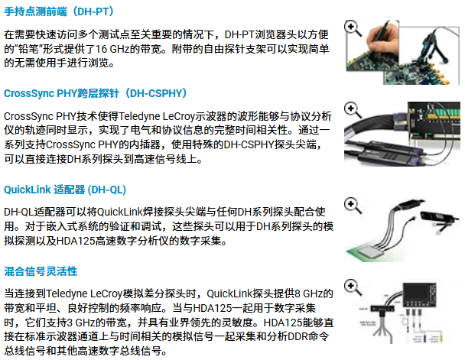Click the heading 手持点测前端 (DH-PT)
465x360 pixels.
59,11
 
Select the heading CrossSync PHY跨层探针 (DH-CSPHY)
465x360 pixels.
96,93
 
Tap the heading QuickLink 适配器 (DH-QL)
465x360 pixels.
65,190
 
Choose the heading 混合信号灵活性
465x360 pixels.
41,271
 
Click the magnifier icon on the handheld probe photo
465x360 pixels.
353,28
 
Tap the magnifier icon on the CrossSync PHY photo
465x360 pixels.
353,110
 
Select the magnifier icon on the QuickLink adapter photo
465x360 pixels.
353,206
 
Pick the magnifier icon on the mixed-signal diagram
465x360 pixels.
353,287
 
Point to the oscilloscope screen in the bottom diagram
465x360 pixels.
416,292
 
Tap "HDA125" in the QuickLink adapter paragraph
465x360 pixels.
76,241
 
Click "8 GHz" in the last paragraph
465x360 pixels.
308,294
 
